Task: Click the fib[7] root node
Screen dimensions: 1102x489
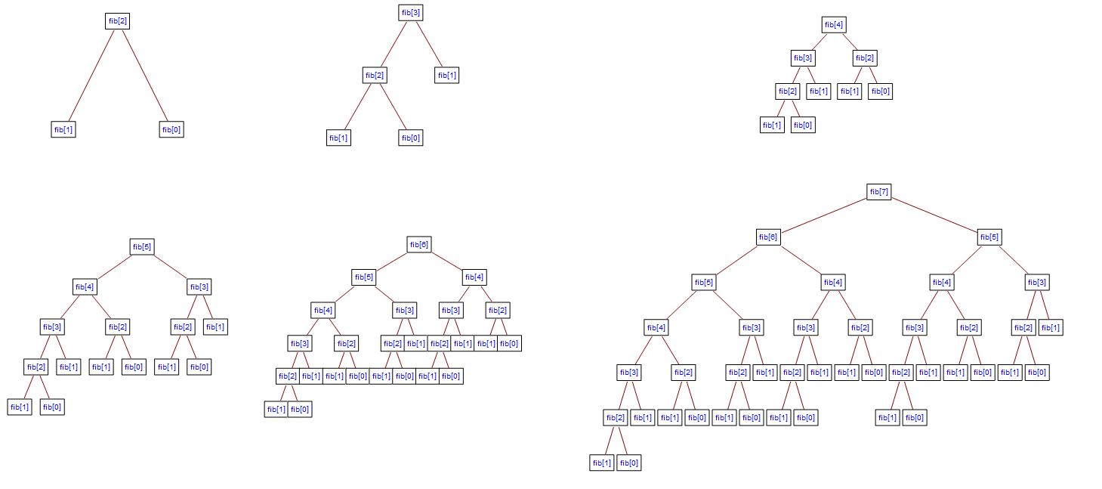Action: (878, 191)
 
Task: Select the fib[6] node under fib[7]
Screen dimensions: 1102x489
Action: (768, 237)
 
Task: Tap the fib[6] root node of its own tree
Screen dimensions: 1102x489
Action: (419, 244)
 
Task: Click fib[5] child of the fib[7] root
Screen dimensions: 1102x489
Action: (989, 237)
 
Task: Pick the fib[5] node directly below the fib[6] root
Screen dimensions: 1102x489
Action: (364, 277)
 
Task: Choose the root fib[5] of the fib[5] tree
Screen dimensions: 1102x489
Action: (142, 246)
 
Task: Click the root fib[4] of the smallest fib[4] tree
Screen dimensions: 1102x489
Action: (834, 25)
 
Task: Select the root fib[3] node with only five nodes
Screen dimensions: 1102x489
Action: (411, 13)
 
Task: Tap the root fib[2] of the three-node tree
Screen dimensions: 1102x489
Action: (118, 20)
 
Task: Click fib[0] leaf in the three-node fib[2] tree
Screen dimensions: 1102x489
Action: (171, 129)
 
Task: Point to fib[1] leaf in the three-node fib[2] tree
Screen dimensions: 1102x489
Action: (63, 129)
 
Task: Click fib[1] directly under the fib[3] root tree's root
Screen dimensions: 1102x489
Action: (446, 76)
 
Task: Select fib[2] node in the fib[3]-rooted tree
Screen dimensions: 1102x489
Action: (375, 76)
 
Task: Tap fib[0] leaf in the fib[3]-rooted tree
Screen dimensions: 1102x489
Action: (411, 138)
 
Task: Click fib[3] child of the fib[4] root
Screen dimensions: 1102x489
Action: (803, 58)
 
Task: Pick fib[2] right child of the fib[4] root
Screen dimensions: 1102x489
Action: (865, 58)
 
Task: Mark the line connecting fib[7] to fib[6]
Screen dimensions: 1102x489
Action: (823, 215)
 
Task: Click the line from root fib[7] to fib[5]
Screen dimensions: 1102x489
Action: (934, 215)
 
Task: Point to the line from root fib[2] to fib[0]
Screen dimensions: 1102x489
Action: (145, 76)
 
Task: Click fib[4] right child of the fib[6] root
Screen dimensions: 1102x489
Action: (474, 277)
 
